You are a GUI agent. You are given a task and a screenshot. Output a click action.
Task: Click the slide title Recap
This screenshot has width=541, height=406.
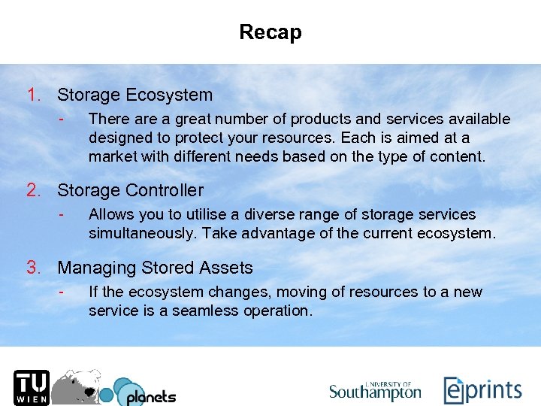pos(270,32)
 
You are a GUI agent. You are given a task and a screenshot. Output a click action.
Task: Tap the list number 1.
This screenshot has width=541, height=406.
pos(33,95)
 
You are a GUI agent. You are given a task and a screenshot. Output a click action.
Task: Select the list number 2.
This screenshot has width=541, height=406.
pos(33,191)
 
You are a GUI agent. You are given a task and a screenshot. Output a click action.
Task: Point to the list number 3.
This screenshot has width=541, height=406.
pos(33,268)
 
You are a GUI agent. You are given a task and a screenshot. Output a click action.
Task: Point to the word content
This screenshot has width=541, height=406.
pos(458,156)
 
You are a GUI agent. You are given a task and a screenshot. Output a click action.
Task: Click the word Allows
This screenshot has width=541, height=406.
pos(110,215)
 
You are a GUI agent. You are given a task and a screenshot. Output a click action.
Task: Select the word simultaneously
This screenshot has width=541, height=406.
pos(138,233)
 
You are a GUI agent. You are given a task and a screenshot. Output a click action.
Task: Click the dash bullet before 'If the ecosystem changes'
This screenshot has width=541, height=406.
pos(65,292)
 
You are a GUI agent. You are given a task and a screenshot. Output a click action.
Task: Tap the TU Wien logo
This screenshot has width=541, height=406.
pos(30,386)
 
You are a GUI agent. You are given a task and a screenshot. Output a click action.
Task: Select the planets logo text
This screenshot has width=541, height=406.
pos(150,395)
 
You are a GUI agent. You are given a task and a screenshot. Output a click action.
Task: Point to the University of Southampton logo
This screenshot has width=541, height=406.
pos(375,389)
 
